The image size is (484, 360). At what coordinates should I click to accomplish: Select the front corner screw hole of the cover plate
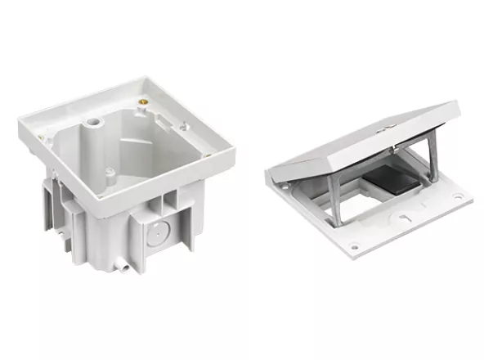click(354, 245)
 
